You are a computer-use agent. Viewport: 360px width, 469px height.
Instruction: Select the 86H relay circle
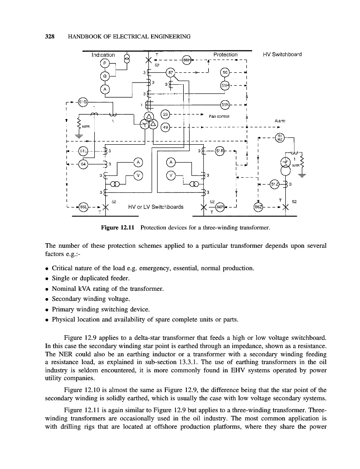pyautogui.click(x=186, y=60)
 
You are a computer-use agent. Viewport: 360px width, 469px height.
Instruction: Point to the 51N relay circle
pyautogui.click(x=225, y=105)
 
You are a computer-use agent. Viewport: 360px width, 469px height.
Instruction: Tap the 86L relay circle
pyautogui.click(x=83, y=207)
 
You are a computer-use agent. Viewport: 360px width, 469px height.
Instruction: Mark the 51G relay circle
pyautogui.click(x=83, y=102)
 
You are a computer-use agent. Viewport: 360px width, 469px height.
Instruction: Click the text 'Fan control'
pyautogui.click(x=219, y=116)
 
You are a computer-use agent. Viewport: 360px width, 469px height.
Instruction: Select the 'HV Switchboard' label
pyautogui.click(x=282, y=55)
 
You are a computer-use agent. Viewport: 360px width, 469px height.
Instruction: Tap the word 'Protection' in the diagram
pyautogui.click(x=225, y=55)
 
